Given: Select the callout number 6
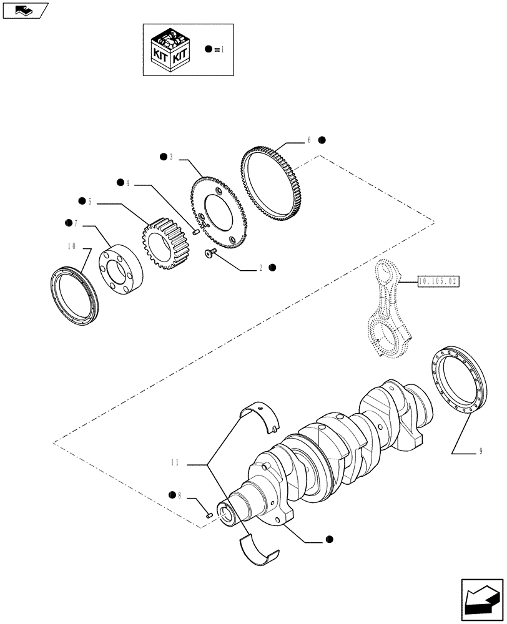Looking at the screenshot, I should click(x=308, y=141).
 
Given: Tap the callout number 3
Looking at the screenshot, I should click(x=170, y=157).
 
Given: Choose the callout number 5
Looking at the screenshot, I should click(x=90, y=202).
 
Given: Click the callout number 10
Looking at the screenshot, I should click(x=71, y=247).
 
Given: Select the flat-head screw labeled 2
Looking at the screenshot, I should click(x=209, y=253).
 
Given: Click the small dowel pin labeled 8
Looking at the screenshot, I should click(x=210, y=515).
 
